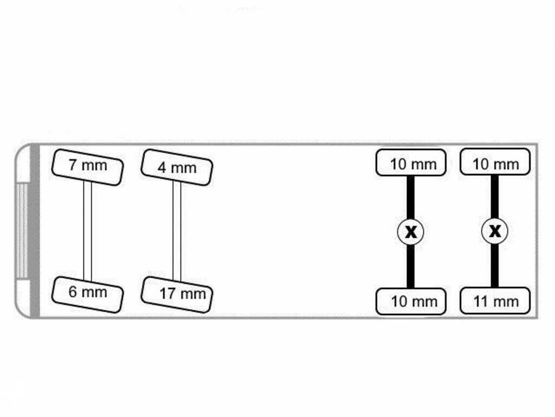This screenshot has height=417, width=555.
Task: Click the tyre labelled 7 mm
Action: pos(87,167)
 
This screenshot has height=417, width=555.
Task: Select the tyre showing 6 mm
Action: pos(87,295)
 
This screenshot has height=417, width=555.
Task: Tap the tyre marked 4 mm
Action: pos(177,167)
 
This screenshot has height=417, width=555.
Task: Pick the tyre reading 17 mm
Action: pos(177,295)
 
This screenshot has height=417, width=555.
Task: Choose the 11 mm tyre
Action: pos(495,301)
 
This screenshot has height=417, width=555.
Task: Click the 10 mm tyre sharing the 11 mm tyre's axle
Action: pos(495,162)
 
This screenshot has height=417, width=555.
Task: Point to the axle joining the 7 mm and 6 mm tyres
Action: pos(87,231)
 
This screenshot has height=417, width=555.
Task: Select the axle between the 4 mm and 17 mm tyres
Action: pos(177,231)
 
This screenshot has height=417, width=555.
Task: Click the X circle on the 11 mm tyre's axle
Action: pos(495,231)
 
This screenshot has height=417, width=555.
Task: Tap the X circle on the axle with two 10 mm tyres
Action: pos(411,232)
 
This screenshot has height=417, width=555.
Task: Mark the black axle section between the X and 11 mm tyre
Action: pos(495,266)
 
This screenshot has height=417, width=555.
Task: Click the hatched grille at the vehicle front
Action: pos(22,231)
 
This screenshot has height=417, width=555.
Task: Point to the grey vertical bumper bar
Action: pos(35,231)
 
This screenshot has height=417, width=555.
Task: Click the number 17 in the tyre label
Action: pos(167,294)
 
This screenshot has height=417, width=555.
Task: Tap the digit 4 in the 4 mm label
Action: pos(162,168)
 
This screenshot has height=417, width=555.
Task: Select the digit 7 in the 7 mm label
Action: pos(73,165)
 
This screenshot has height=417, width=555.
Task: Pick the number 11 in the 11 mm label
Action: pos(481,301)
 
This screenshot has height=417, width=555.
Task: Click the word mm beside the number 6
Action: pos(94,293)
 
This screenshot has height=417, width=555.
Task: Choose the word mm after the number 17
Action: pos(193,294)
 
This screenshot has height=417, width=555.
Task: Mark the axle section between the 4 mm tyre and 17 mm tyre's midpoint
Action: pos(177,206)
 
